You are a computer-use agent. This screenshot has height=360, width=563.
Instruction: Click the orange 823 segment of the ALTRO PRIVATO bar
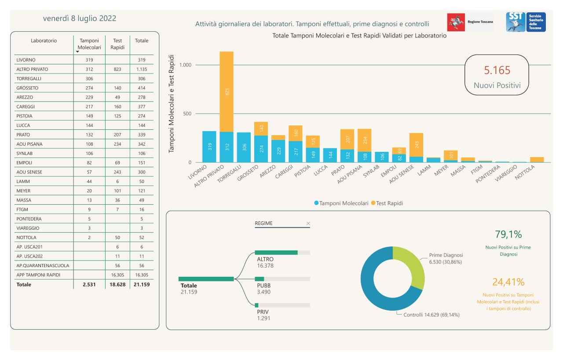[227, 92]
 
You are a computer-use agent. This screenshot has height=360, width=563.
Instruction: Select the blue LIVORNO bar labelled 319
[209, 147]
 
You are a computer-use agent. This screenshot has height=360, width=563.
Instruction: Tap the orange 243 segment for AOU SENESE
[416, 145]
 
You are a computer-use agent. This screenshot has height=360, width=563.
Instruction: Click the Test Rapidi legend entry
[387, 203]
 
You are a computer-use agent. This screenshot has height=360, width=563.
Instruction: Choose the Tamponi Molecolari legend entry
[341, 203]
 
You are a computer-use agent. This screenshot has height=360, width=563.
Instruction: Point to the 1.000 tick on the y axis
[185, 65]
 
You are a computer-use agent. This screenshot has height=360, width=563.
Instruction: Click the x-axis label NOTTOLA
[525, 173]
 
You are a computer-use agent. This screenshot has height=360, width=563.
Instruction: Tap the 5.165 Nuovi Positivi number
[497, 70]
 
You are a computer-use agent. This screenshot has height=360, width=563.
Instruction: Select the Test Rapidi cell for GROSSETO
[117, 88]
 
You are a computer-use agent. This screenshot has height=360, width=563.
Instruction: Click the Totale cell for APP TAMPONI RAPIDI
[142, 275]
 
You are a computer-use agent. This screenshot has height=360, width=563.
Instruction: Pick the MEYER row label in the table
[23, 191]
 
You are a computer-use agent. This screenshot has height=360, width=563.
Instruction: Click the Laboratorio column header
[44, 41]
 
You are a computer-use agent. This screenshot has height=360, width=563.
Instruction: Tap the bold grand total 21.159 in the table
[142, 285]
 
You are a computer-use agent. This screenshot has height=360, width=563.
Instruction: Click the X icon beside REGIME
[308, 223]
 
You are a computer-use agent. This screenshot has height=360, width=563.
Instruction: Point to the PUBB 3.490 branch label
[263, 289]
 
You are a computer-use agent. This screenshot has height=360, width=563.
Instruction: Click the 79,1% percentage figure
[508, 234]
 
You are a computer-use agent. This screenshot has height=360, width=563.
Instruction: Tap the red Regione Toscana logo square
[456, 22]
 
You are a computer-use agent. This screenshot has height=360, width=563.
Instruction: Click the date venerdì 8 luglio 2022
[80, 18]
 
